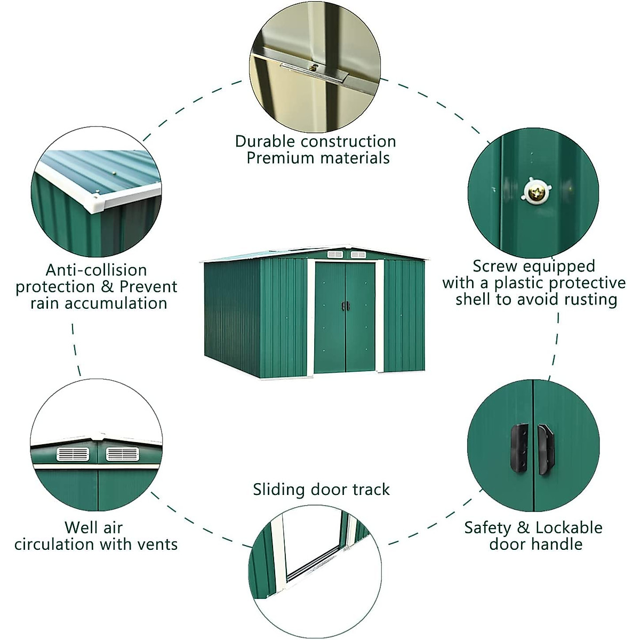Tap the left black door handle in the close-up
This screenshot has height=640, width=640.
pos(519,448)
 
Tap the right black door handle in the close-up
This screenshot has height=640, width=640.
pos(546,449)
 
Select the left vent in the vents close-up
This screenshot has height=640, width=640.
pos(73,454)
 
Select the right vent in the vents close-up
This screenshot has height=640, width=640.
pos(122,454)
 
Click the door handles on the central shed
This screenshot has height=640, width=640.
pos(346,306)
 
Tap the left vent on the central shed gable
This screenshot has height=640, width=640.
pos(334,254)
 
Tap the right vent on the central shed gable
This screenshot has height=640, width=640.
pos(358,254)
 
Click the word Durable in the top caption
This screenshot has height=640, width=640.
pos(265,141)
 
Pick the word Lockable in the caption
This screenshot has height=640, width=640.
pos(569,527)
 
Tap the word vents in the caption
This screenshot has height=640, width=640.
pos(157,545)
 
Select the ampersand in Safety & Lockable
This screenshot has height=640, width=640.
pos(523,527)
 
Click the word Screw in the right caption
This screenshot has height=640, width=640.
pos(495,266)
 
